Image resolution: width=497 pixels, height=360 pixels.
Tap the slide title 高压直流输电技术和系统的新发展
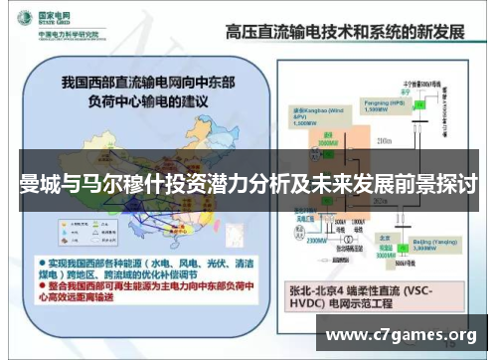(x=344, y=31)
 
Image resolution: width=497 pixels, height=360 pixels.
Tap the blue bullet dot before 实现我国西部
(x=40, y=258)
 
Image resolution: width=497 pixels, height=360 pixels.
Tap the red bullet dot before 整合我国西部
(x=40, y=283)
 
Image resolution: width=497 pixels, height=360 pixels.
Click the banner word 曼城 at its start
(x=33, y=185)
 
